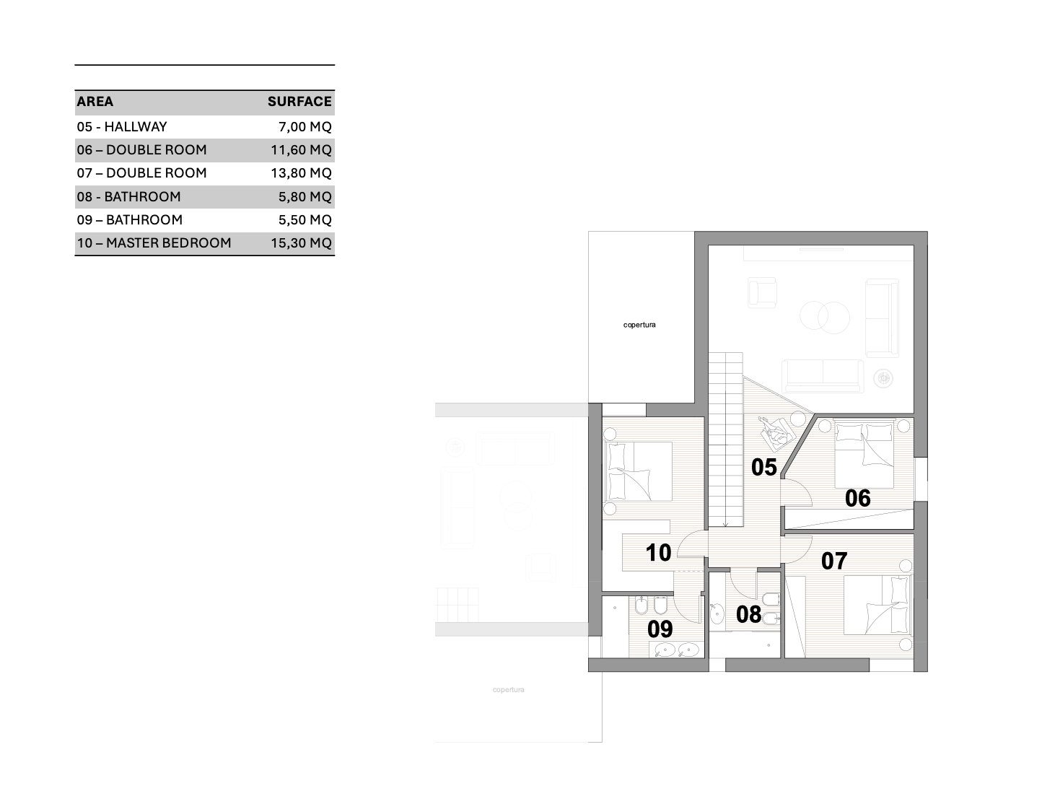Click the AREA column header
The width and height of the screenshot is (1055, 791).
(x=95, y=101)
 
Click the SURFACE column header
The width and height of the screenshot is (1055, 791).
(x=299, y=101)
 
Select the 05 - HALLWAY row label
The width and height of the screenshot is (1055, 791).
(x=122, y=127)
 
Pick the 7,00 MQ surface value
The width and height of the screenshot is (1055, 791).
(x=305, y=127)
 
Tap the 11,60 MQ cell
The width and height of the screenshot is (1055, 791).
(x=302, y=150)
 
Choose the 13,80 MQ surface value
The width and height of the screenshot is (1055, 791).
(x=302, y=173)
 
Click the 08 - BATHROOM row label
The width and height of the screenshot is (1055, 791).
(x=129, y=196)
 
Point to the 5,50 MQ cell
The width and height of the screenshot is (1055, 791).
(x=305, y=220)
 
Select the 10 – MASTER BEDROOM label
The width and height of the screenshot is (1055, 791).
(x=154, y=243)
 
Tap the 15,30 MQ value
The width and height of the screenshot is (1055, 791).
(x=302, y=243)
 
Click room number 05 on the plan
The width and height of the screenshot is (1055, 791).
(x=763, y=467)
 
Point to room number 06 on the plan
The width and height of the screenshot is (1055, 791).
(x=857, y=498)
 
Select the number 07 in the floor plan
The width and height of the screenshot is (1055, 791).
(x=834, y=561)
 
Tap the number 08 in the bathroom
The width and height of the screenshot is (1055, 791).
(x=748, y=615)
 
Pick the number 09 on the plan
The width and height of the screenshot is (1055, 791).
(x=660, y=629)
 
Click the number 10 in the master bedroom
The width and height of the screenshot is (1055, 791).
(x=658, y=553)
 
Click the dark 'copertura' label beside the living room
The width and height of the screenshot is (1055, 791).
(x=639, y=325)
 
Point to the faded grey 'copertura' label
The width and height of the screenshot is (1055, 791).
(x=509, y=690)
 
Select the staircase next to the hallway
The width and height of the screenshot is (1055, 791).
(x=726, y=440)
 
